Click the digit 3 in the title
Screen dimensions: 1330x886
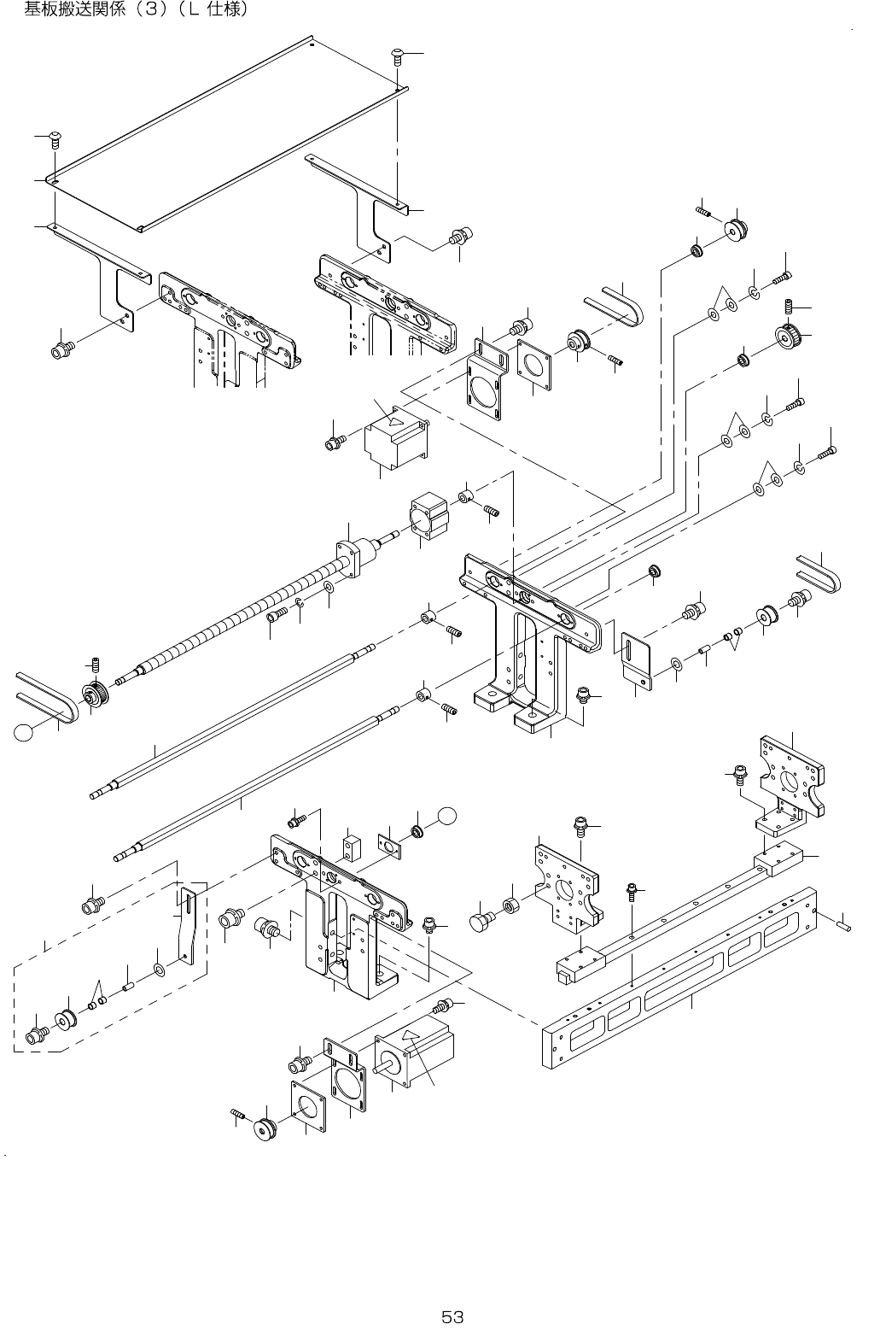tap(160, 10)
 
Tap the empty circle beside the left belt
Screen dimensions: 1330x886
tap(25, 731)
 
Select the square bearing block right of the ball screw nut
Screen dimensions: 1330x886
tap(428, 515)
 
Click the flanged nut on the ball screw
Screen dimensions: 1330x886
tap(357, 554)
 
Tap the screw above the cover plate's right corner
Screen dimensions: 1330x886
tap(398, 56)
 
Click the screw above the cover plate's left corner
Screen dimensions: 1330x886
tap(55, 138)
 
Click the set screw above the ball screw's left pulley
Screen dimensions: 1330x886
tap(96, 665)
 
